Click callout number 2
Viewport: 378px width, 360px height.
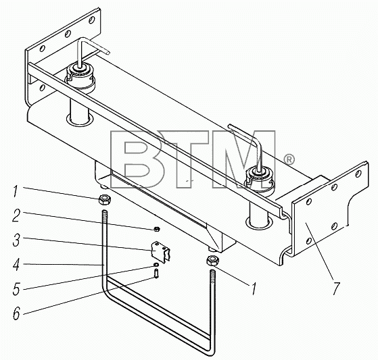point(16,215)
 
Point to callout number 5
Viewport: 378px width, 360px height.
point(16,288)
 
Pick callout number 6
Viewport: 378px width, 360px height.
point(16,313)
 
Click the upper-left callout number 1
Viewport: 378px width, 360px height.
point(15,191)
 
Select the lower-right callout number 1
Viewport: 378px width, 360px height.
point(253,288)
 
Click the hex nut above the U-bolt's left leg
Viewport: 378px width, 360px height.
point(105,200)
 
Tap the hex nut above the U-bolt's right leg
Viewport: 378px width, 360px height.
point(212,261)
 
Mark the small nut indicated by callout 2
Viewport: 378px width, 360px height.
point(156,228)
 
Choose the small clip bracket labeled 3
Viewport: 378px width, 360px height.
point(159,253)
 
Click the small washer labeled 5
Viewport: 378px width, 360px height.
point(156,265)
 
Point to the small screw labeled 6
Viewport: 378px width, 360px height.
point(156,274)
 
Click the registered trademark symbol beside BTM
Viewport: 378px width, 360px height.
point(288,159)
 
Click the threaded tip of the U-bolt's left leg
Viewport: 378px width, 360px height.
point(105,215)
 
